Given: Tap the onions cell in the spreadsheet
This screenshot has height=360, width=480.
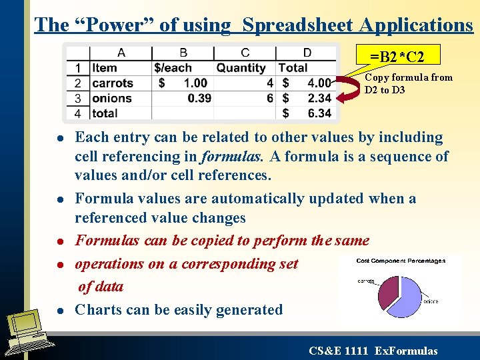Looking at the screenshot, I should (111, 98).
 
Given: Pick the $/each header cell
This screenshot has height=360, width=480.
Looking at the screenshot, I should (173, 68).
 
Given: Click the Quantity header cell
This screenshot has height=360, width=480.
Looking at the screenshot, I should (241, 68).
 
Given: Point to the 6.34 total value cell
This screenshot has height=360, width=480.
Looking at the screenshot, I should (319, 113).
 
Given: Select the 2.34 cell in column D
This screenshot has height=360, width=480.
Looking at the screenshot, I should (319, 98).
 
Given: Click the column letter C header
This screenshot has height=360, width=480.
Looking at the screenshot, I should (245, 53).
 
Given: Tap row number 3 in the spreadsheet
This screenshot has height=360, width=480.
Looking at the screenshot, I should (78, 98).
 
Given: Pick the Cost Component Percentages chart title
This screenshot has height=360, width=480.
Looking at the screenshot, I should (401, 261).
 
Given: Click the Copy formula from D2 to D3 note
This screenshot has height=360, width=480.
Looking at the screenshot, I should (408, 83).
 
